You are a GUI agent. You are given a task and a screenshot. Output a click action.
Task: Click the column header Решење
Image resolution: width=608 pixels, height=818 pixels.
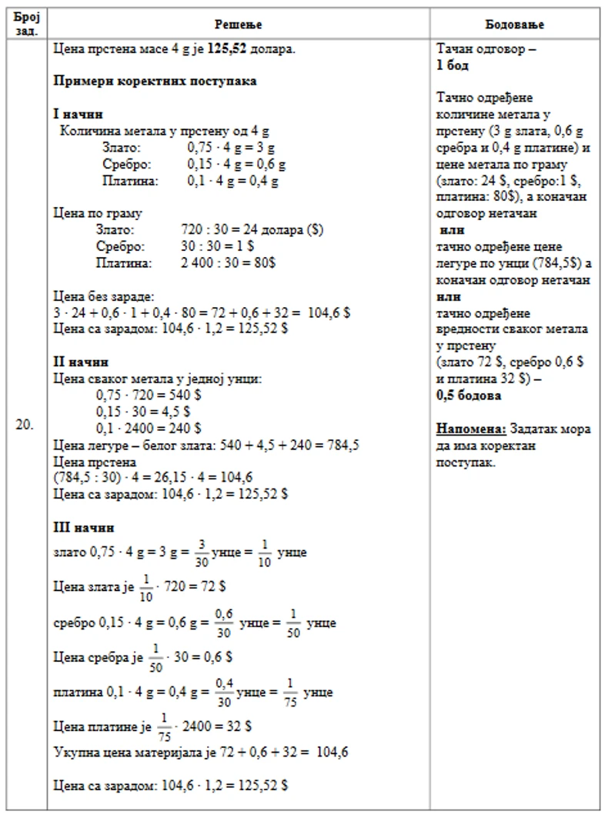click(x=240, y=25)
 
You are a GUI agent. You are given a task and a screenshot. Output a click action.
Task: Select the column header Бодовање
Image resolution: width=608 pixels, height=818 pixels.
click(x=516, y=25)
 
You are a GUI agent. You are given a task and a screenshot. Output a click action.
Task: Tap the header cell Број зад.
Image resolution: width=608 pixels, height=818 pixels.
click(x=25, y=24)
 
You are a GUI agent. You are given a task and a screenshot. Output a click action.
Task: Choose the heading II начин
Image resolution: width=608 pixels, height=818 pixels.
click(x=80, y=362)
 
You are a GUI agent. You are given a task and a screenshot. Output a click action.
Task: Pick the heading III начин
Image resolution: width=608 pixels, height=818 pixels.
click(x=83, y=528)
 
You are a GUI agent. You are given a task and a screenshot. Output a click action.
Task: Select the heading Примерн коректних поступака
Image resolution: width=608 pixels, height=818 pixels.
click(x=155, y=81)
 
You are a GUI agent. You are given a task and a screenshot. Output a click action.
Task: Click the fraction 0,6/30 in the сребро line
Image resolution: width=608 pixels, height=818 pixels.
click(x=222, y=622)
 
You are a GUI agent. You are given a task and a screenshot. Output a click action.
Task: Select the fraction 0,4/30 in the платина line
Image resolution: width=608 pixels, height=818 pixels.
click(x=223, y=691)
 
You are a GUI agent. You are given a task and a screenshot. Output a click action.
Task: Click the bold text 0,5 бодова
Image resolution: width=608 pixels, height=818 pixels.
click(x=469, y=396)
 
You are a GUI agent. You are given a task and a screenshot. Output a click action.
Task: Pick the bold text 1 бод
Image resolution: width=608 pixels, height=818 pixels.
click(x=453, y=65)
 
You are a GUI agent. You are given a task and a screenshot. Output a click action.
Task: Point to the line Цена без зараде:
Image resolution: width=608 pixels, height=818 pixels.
click(x=104, y=295)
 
